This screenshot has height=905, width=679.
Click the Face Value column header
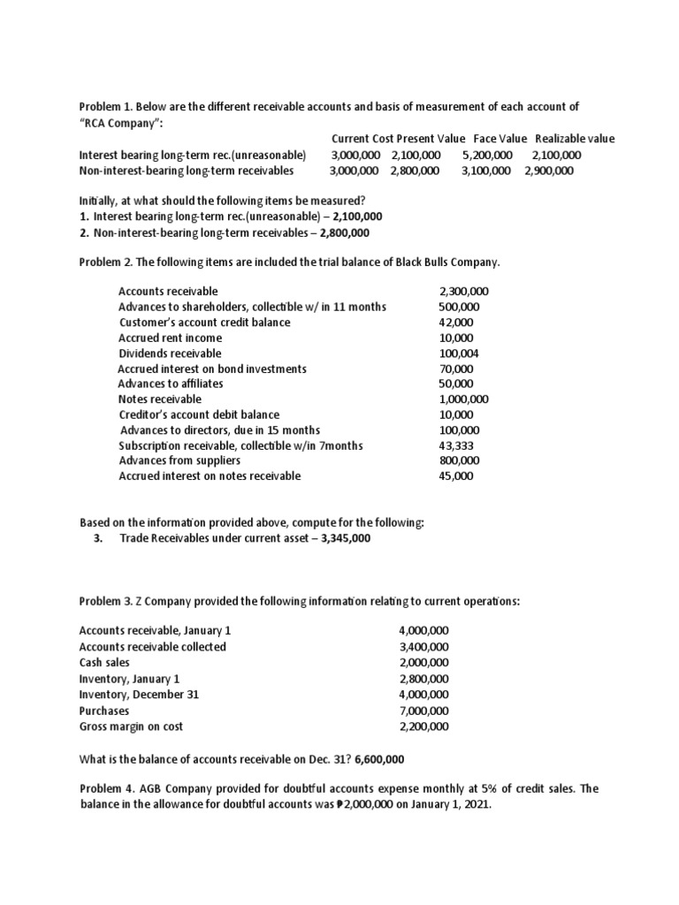click(500, 139)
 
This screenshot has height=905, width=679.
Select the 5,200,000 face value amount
click(487, 155)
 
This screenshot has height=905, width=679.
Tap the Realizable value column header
click(575, 139)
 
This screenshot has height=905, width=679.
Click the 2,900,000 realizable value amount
click(549, 171)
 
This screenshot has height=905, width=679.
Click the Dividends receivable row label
click(170, 353)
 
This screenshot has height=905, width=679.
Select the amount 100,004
click(459, 353)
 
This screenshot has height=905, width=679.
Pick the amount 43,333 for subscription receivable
click(456, 445)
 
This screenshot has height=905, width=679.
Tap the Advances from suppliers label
click(173, 460)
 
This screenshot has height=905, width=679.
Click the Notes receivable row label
click(160, 399)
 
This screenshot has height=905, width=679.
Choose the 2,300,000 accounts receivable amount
click(464, 291)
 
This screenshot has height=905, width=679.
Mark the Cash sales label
click(104, 662)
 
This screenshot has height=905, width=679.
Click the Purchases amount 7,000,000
click(424, 711)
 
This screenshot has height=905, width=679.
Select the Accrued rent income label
click(171, 338)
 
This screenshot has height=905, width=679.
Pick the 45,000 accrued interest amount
click(456, 475)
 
